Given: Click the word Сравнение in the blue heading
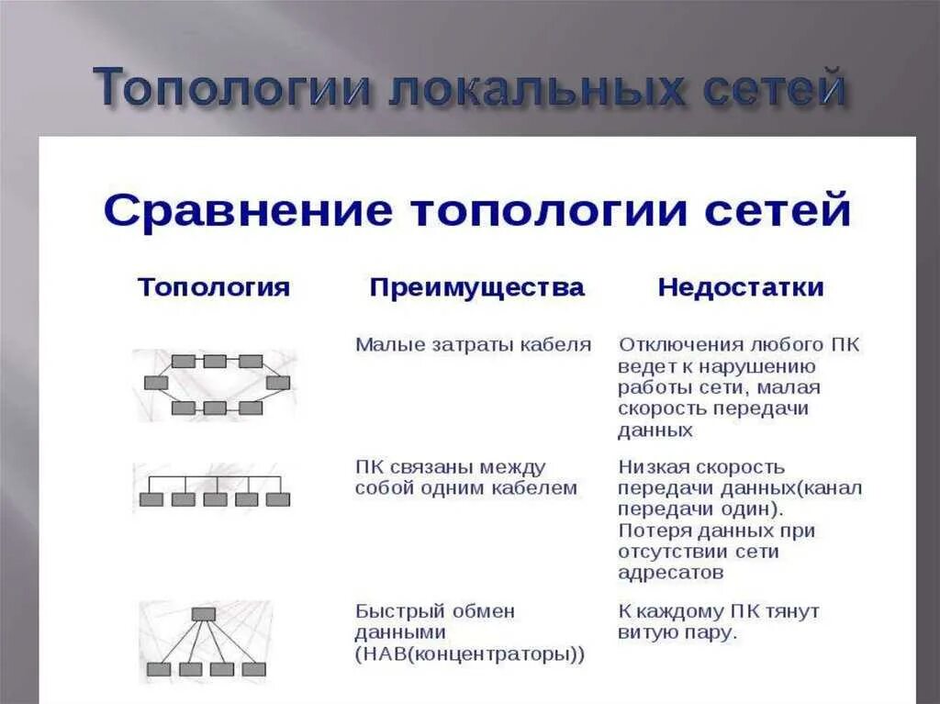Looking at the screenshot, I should [247, 211].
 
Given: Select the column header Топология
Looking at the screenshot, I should [214, 287].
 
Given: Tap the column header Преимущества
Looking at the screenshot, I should [476, 287].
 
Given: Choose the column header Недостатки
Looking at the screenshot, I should [741, 287].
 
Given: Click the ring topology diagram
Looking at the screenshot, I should [217, 384].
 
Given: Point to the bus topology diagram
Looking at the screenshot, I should [214, 487].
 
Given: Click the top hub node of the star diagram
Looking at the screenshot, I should [204, 614].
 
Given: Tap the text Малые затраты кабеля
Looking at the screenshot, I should [474, 345].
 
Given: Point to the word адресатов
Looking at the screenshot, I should [670, 573].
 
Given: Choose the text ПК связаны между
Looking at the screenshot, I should [450, 467].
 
